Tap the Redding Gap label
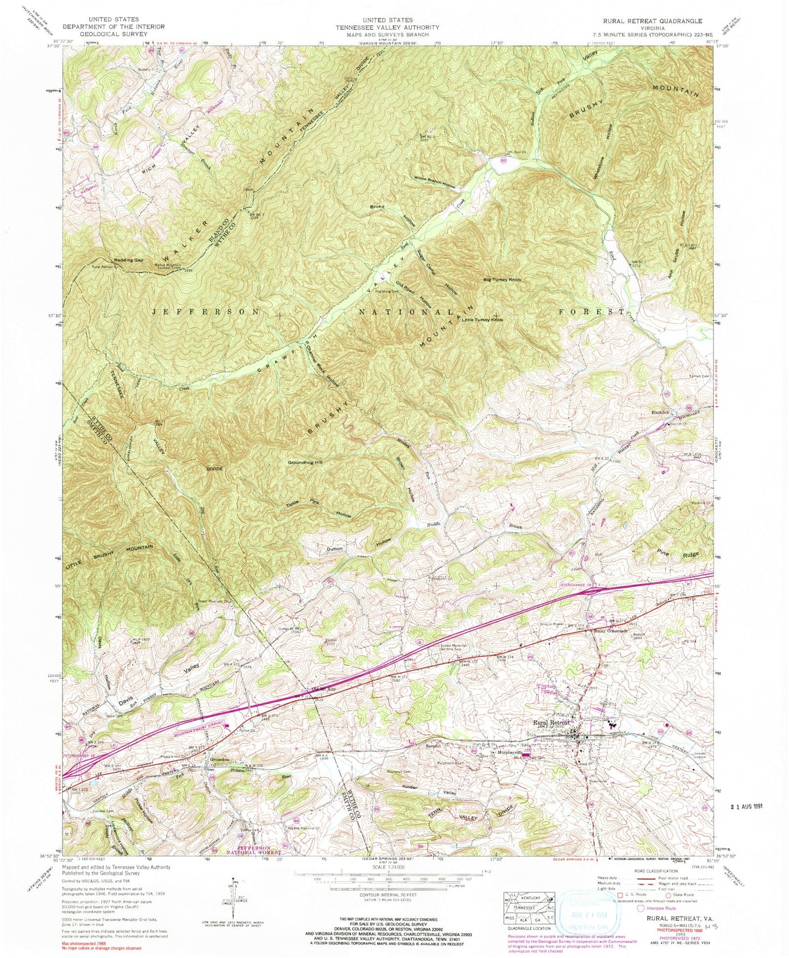pyautogui.click(x=129, y=260)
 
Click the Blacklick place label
pyautogui.click(x=659, y=412)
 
